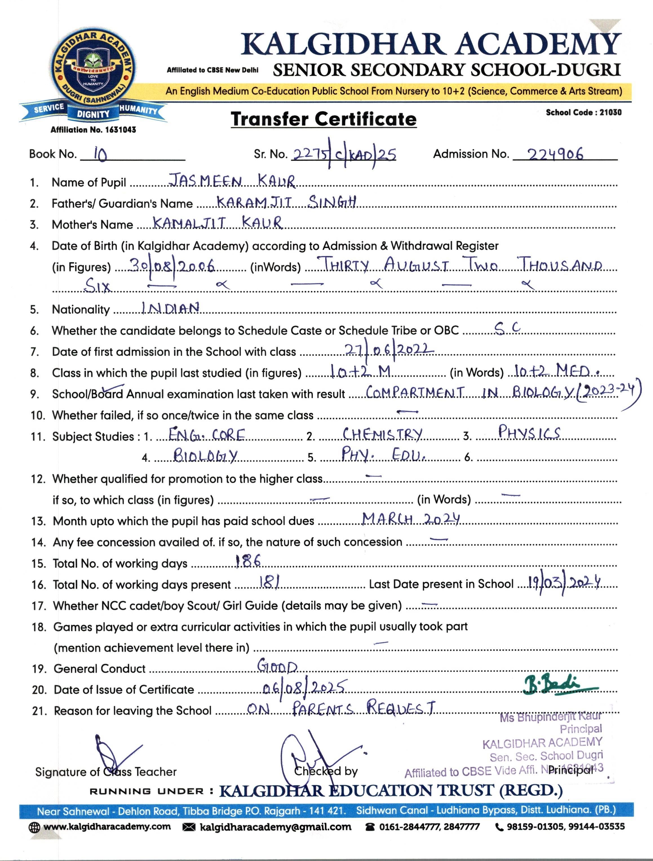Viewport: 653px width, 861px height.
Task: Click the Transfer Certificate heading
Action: click(x=323, y=119)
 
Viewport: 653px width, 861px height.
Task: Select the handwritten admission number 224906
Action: click(x=555, y=154)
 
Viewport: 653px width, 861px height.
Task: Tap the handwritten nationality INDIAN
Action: click(x=171, y=308)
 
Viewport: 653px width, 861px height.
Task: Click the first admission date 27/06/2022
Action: click(x=389, y=349)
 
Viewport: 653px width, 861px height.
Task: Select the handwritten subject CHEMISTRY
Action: click(x=382, y=434)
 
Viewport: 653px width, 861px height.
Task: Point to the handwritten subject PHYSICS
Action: click(x=529, y=432)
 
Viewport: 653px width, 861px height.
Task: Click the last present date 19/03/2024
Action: click(x=564, y=583)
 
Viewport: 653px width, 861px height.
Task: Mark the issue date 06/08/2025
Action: click(x=304, y=688)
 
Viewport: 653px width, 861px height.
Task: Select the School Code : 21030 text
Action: click(x=583, y=112)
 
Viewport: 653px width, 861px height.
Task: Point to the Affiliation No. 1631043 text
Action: click(x=93, y=130)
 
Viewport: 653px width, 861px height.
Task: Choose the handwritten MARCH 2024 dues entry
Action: click(x=411, y=519)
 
